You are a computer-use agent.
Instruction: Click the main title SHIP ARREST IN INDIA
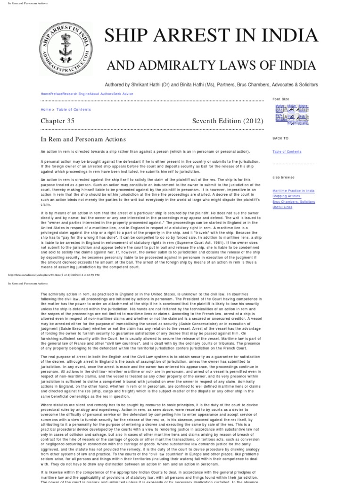[211, 36]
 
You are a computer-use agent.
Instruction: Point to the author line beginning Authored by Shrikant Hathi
[211, 84]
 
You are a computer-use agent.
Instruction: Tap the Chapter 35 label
[58, 121]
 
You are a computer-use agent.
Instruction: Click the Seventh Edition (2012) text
[228, 121]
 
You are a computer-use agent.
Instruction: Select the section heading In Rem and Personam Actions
[83, 139]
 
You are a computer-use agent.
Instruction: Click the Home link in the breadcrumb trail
[46, 109]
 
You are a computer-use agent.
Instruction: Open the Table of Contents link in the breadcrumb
[74, 109]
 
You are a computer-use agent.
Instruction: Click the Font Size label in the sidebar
[281, 99]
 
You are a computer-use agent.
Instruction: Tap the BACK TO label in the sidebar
[280, 138]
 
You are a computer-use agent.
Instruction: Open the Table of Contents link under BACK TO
[287, 152]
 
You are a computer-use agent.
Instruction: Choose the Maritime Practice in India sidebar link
[293, 191]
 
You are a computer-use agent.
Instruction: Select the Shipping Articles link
[286, 196]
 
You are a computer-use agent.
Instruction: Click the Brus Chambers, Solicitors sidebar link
[294, 202]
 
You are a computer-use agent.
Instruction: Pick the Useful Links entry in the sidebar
[282, 207]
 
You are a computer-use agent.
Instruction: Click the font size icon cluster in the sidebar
[291, 114]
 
